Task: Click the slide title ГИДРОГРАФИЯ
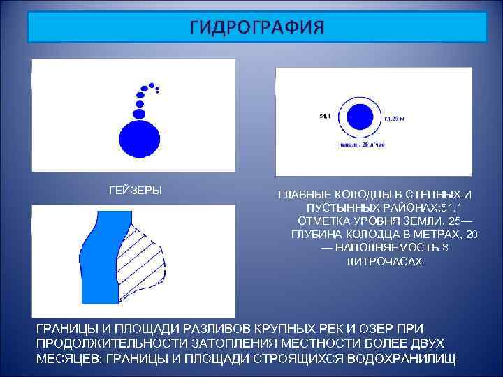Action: [x=256, y=27]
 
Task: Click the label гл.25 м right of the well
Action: [x=395, y=119]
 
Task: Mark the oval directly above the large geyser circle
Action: [x=139, y=113]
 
